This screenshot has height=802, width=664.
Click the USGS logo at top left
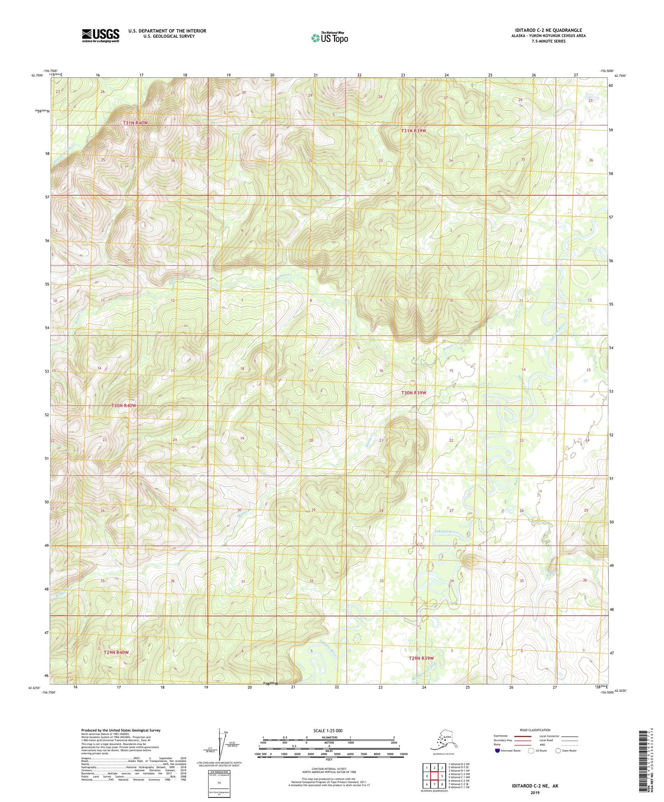click(x=100, y=35)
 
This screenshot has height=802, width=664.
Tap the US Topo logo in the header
click(x=329, y=38)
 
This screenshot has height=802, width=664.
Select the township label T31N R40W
click(x=136, y=123)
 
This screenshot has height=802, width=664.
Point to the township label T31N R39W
click(x=414, y=131)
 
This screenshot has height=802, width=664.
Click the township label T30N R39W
click(x=414, y=393)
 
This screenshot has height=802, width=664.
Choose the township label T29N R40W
click(x=116, y=652)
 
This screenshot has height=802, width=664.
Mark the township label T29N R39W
click(x=421, y=658)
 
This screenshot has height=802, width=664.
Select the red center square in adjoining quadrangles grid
click(x=434, y=777)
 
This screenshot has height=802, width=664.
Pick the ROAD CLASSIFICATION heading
click(x=535, y=730)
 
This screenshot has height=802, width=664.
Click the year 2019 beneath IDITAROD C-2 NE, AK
click(x=535, y=792)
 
